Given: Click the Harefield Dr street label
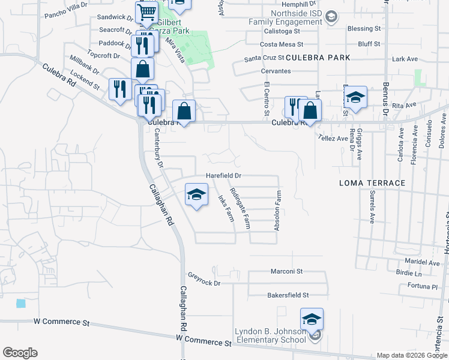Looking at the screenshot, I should click(x=223, y=176).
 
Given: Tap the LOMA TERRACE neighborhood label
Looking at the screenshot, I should click(x=372, y=182).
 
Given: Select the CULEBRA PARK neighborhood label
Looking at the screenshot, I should click(x=318, y=58).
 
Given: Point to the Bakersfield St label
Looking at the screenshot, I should click(x=288, y=295).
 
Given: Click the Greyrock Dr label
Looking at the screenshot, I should click(x=204, y=280).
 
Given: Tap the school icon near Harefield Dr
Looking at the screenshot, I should click(x=196, y=195).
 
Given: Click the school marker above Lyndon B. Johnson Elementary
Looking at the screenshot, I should click(x=312, y=320).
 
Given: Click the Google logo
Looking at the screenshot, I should click(x=20, y=353).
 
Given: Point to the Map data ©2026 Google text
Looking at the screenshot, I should click(x=412, y=355).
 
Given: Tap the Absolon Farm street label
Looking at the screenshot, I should click(x=277, y=211).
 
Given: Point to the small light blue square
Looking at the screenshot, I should click(x=22, y=304).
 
